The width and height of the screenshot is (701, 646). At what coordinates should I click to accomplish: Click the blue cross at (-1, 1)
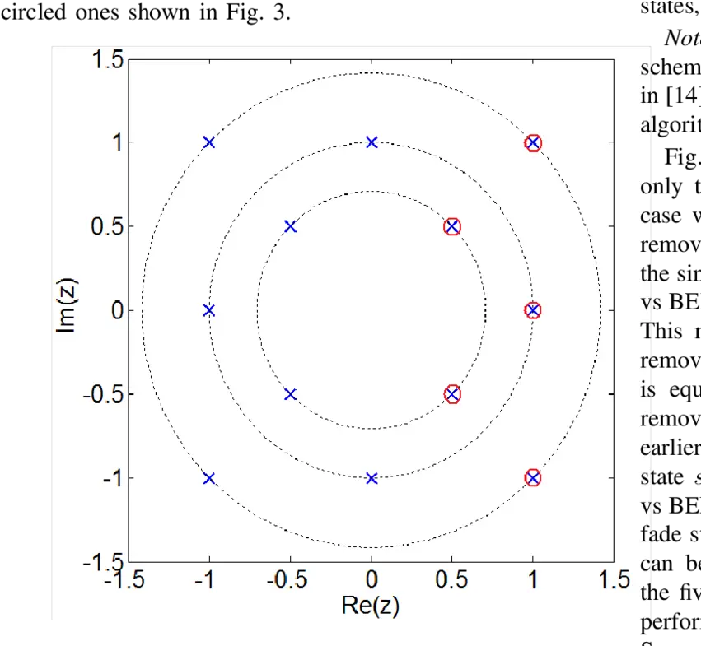(208, 142)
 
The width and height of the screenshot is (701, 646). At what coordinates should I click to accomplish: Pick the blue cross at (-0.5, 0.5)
(290, 226)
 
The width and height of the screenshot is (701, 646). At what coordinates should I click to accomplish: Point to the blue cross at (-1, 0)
(208, 310)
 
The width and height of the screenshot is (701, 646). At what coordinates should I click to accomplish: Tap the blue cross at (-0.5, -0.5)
(290, 394)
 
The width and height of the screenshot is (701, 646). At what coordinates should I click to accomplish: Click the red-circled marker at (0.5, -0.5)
(452, 394)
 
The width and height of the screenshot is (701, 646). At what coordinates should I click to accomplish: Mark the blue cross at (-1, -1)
(208, 478)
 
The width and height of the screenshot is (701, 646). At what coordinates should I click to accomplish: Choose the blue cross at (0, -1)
(372, 478)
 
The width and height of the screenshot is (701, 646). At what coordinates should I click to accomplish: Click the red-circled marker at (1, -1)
(533, 478)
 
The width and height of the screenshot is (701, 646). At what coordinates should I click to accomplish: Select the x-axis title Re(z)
(371, 606)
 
